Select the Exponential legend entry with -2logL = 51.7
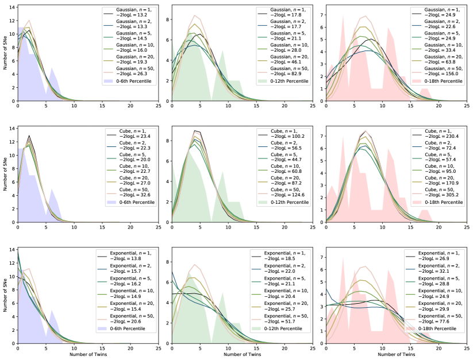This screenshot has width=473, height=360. (287, 320)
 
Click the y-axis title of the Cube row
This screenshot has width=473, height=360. (5, 175)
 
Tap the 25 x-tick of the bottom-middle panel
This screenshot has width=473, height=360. (313, 349)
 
